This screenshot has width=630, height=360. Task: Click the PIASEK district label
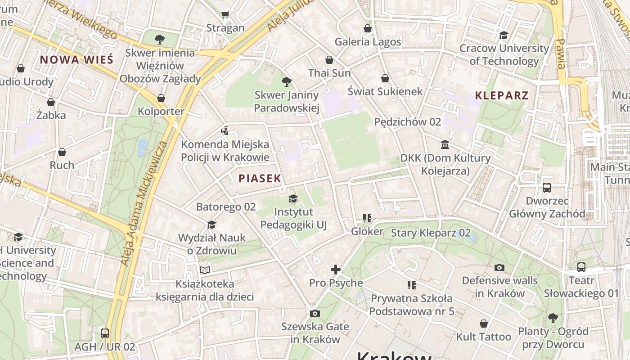[260, 178]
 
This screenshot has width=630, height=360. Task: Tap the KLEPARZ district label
[502, 95]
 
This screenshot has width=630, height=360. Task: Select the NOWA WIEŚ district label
[76, 59]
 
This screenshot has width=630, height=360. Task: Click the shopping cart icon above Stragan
[225, 15]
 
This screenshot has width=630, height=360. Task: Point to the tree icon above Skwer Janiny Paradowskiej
[286, 81]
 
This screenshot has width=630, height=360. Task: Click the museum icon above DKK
[445, 144]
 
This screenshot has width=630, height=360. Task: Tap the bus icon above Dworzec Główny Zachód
[547, 187]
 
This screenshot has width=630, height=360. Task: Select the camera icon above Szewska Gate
[315, 313]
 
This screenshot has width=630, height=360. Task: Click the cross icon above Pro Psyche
[336, 270]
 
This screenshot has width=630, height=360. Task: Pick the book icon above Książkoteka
[205, 270]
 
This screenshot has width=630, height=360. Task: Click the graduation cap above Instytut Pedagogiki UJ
[293, 198]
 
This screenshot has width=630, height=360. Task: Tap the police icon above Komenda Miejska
[225, 131]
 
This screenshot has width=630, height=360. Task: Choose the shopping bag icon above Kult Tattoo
[484, 324]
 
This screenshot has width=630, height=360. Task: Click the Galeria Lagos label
[368, 42]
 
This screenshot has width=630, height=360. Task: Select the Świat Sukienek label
[385, 91]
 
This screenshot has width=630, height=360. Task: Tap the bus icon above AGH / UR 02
[105, 333]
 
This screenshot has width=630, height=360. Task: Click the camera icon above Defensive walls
[499, 268]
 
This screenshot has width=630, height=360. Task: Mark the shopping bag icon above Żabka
[51, 102]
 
